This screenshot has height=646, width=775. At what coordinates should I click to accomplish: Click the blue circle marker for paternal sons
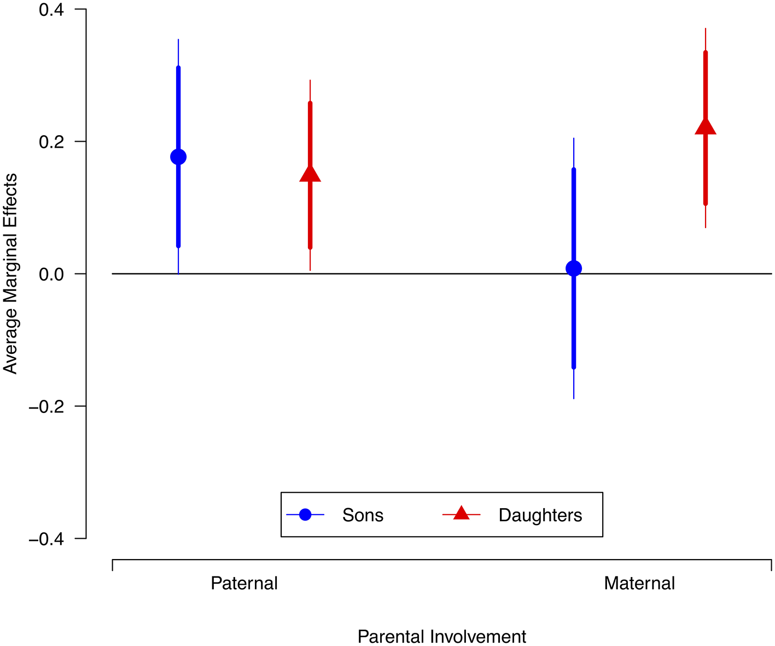178,157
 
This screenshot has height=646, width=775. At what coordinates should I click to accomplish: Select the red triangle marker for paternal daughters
310,174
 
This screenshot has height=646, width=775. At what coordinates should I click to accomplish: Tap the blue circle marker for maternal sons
574,269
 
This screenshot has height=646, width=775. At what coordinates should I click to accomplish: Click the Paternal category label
244,583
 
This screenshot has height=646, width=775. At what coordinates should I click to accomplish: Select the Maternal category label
639,583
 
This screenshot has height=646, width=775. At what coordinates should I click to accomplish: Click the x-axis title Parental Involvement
442,637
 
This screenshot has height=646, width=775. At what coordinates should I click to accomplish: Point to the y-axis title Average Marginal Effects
10,273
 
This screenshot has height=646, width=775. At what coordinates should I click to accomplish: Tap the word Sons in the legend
363,515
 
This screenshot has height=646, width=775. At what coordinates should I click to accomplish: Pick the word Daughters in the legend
540,515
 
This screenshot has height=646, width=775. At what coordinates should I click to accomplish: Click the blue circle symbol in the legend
305,515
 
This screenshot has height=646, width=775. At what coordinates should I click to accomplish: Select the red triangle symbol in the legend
461,514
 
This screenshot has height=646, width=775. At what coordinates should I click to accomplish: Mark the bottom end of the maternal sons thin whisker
574,399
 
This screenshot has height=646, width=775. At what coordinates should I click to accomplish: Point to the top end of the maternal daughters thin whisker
706,28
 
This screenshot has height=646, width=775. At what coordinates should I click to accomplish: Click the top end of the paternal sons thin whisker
178,39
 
